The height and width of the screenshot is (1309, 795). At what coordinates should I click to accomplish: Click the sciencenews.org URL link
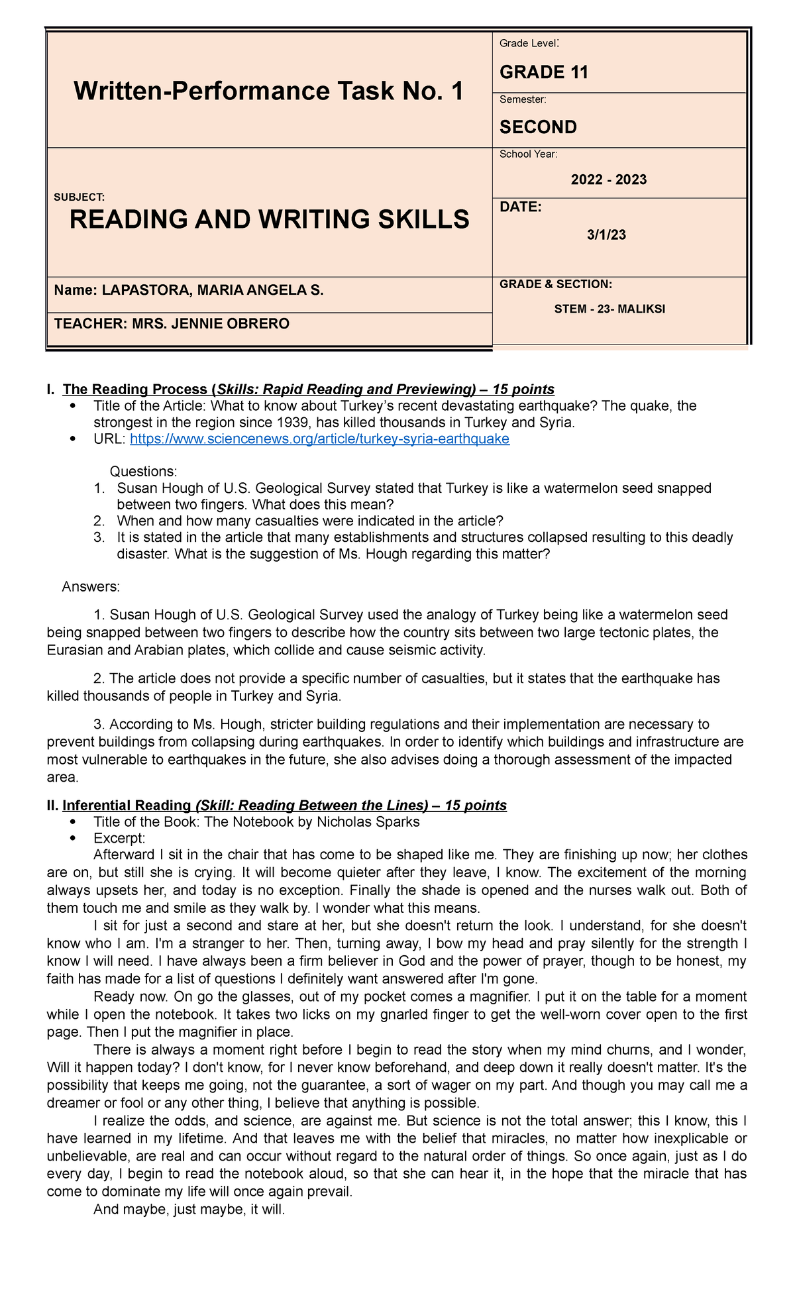pyautogui.click(x=319, y=439)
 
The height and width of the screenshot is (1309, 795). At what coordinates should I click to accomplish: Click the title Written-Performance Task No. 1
pyautogui.click(x=268, y=91)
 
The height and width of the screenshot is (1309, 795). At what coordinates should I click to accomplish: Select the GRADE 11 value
pyautogui.click(x=543, y=72)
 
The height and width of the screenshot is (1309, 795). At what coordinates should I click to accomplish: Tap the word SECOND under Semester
pyautogui.click(x=537, y=127)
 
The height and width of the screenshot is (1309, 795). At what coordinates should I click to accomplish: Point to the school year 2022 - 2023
pyautogui.click(x=608, y=180)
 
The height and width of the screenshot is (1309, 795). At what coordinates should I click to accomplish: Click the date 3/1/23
pyautogui.click(x=606, y=235)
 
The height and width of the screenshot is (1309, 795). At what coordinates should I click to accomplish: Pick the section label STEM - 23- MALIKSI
pyautogui.click(x=609, y=309)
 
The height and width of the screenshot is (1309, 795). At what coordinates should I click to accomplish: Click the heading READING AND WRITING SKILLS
pyautogui.click(x=269, y=219)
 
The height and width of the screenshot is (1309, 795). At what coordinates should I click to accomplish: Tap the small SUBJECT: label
pyautogui.click(x=79, y=197)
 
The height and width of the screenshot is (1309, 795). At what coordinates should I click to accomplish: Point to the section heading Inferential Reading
pyautogui.click(x=126, y=806)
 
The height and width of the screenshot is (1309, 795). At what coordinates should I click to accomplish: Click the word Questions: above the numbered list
pyautogui.click(x=143, y=472)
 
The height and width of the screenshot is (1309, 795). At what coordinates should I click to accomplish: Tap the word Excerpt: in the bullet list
pyautogui.click(x=119, y=838)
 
